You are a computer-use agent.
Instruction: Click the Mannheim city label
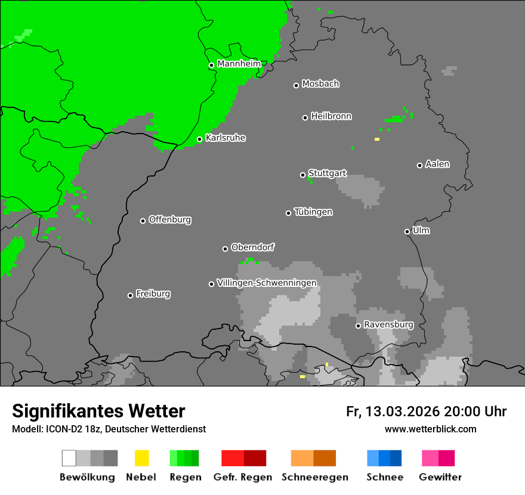coord(239,64)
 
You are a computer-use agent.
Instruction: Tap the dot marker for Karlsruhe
coord(200,140)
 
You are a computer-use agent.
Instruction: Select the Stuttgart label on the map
coord(327,174)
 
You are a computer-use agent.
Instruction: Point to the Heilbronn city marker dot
coord(305,117)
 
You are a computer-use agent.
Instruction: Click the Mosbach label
coord(320,84)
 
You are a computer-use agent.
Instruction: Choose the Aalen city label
coord(437,164)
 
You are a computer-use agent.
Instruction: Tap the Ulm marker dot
coord(407,231)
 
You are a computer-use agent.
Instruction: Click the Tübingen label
coord(313,212)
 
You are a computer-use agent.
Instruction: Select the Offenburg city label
coord(169,219)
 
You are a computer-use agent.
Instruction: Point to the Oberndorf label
coord(252,247)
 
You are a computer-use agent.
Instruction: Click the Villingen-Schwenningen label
coord(267,283)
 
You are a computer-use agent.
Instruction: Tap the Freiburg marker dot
coord(130,295)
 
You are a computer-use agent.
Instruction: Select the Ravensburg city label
coord(388,325)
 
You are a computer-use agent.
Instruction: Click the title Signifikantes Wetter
coord(98,411)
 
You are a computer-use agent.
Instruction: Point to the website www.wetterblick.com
coord(430,429)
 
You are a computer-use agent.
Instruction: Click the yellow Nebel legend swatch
coord(141,458)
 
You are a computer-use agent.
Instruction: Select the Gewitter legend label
coord(440,477)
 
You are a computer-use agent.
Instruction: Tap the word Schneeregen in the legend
coord(314,477)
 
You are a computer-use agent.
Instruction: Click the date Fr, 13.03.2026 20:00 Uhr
coord(426,412)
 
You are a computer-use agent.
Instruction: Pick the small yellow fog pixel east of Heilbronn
coord(376,139)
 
